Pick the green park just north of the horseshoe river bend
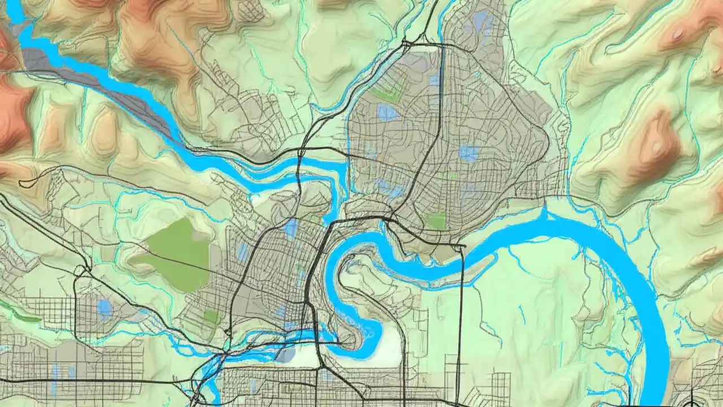tap(436, 221)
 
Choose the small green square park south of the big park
tap(211, 317)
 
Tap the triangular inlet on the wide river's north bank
tap(546, 215)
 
